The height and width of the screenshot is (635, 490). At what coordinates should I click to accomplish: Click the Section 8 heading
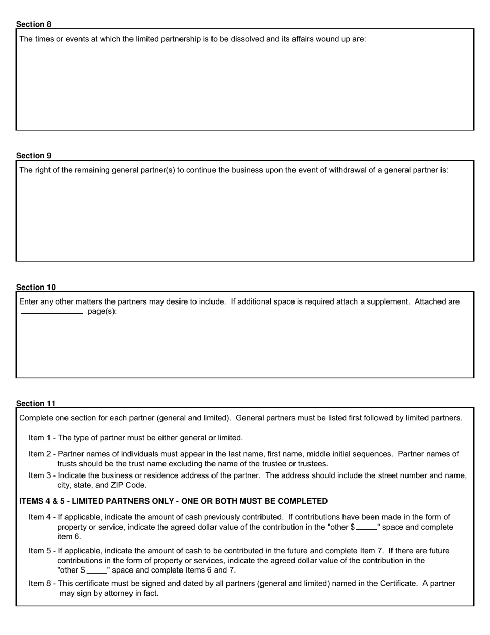coord(34,24)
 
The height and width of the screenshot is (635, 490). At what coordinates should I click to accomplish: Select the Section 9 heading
coord(34,156)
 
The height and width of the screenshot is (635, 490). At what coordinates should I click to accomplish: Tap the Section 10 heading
coord(36,288)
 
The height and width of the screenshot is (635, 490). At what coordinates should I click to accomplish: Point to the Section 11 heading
coord(36,404)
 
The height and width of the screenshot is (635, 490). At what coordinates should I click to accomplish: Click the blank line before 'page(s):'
coord(52,313)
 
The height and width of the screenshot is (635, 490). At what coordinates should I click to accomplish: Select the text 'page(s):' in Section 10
coord(102,312)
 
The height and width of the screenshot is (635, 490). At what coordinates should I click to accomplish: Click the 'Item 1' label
coord(40,438)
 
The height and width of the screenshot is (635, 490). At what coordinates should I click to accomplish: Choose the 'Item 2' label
coord(40,454)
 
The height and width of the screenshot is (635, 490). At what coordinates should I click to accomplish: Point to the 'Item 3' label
coord(40,476)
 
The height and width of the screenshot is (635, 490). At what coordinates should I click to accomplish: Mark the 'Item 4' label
coord(40,517)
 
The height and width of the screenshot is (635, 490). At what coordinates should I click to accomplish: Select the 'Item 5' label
coord(40,551)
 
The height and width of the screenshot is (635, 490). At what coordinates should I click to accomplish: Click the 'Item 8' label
coord(40,584)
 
